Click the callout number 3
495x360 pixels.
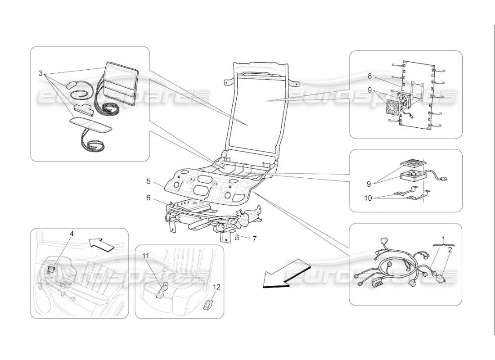click(40, 73)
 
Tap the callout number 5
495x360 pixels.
click(148, 183)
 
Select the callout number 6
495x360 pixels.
click(148, 198)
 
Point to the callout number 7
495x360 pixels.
click(254, 239)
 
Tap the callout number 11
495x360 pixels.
click(145, 255)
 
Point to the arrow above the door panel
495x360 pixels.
click(101, 244)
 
